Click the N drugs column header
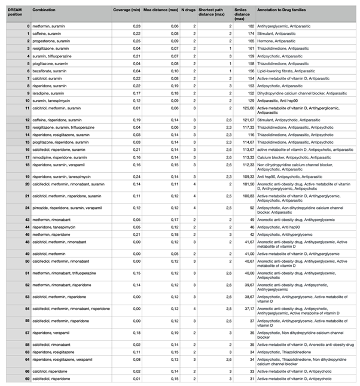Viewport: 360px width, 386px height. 188,11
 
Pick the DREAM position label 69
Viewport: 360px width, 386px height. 28,379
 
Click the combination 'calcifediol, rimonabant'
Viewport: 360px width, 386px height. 55,345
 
